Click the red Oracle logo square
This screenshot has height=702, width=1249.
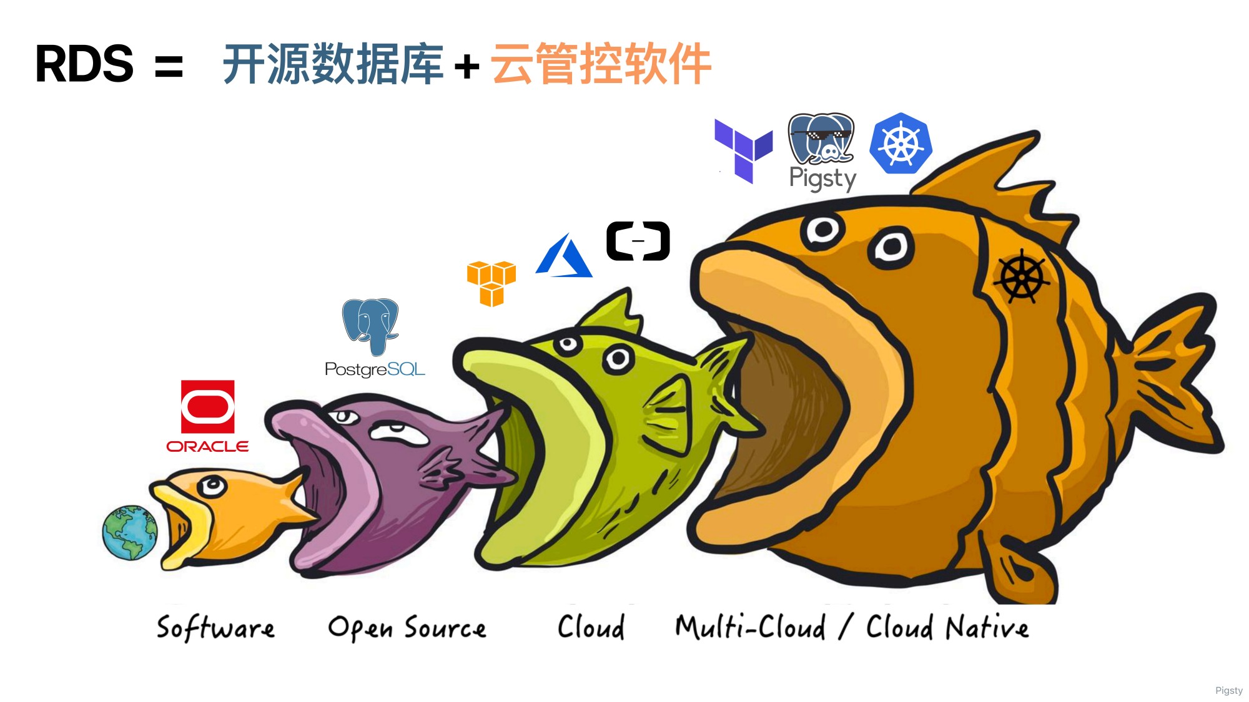click(x=207, y=406)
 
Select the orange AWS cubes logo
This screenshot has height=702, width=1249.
click(x=491, y=283)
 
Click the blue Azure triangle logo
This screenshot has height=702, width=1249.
click(x=564, y=257)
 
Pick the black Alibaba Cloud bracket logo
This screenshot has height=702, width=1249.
click(x=638, y=241)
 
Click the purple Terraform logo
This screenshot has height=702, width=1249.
click(x=743, y=150)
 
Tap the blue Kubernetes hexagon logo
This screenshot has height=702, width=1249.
click(x=901, y=144)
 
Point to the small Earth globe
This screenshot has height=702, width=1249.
click(x=130, y=532)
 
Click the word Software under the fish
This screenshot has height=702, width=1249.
click(x=215, y=627)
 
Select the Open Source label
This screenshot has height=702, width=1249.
click(x=407, y=628)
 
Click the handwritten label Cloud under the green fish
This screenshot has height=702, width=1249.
click(x=591, y=626)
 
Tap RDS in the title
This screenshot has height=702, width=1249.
click(x=84, y=64)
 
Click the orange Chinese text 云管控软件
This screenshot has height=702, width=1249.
click(x=601, y=64)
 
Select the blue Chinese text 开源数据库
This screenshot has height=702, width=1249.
click(x=333, y=64)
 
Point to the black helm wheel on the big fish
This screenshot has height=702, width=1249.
click(x=1022, y=276)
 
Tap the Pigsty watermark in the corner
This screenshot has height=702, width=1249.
click(x=1228, y=690)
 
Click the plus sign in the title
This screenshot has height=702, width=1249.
click(x=467, y=66)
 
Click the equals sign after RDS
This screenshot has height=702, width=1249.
click(x=169, y=66)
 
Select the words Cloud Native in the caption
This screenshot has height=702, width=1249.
click(x=947, y=627)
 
